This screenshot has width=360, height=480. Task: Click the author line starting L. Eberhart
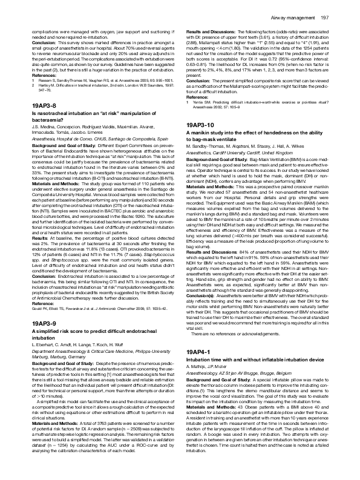click(76, 349)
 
